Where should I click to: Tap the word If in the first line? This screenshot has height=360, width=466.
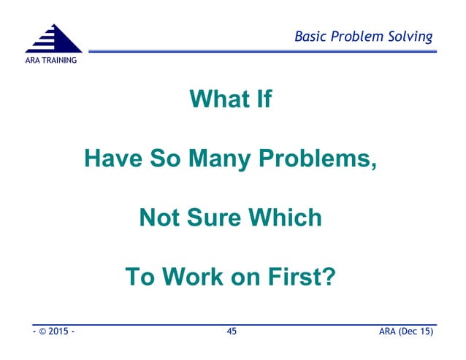(262, 99)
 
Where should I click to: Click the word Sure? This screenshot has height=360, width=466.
(215, 218)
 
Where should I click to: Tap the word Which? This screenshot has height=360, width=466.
(288, 218)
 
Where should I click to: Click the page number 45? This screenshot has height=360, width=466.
(232, 332)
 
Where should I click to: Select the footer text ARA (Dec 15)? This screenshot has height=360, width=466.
(406, 332)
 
